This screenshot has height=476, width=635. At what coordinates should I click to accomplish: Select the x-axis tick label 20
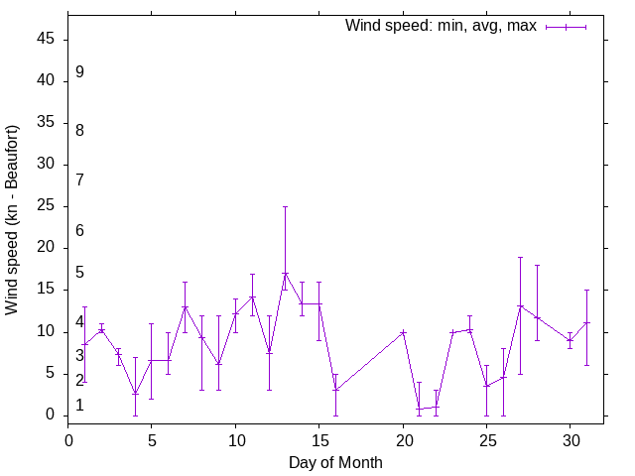click(403, 440)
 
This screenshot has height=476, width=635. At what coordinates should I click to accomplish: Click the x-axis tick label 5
click(152, 440)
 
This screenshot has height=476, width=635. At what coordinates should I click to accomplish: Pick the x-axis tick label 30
click(570, 440)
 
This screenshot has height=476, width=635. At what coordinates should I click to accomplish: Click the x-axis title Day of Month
click(335, 462)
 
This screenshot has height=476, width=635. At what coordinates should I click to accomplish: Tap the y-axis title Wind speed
click(12, 219)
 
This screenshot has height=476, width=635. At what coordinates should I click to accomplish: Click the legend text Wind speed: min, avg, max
click(441, 26)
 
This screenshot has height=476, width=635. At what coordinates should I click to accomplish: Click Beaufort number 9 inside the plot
click(79, 72)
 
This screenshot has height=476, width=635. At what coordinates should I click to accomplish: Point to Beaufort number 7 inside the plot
click(79, 179)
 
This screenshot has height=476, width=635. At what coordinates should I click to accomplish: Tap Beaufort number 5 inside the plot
click(79, 273)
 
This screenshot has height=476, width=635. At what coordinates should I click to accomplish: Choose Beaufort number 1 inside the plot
click(79, 406)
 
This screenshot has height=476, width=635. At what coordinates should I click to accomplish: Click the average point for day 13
click(285, 274)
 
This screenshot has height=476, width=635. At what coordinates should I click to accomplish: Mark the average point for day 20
click(403, 332)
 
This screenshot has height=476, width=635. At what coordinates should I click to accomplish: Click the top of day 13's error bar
click(285, 207)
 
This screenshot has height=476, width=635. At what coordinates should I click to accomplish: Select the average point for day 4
click(135, 394)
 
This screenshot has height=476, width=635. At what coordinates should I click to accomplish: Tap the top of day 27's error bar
click(520, 257)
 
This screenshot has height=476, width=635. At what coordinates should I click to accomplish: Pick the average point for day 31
click(586, 323)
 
